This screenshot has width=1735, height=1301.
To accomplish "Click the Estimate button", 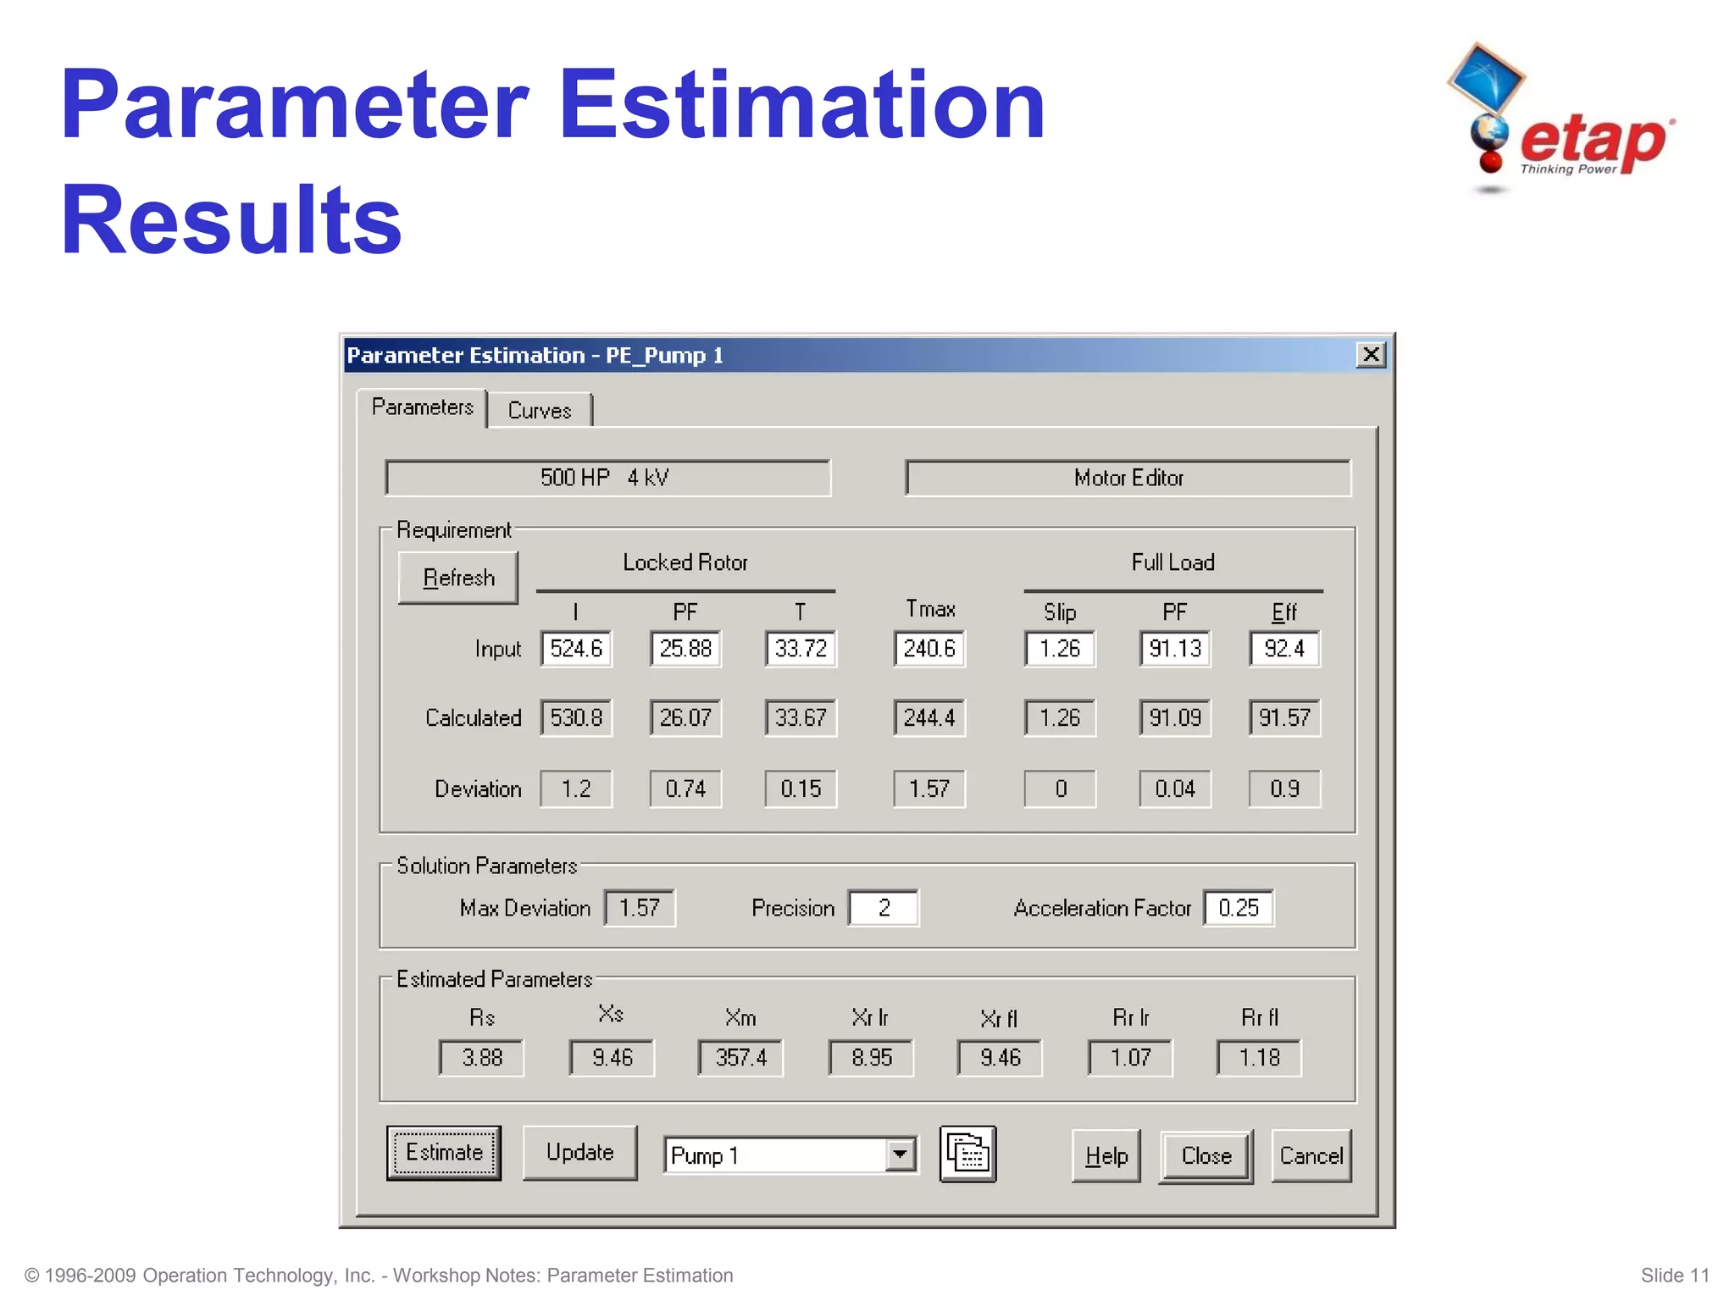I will (444, 1153).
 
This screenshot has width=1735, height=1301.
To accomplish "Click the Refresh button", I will (458, 578).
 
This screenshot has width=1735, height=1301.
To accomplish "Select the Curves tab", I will (540, 411).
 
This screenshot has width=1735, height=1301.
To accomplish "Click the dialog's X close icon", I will (1371, 355).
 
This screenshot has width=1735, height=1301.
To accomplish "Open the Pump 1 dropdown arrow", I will (900, 1154).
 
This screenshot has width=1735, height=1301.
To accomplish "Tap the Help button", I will (1106, 1156).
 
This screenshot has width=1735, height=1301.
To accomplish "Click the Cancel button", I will (1311, 1156).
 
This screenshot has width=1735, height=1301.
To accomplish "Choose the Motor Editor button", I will (1128, 479).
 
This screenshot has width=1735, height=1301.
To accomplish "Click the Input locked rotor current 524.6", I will (576, 649).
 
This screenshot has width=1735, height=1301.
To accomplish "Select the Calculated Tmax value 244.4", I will (928, 718).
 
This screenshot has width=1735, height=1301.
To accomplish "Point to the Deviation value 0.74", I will (685, 789).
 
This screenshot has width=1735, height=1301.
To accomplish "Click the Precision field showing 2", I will (884, 908).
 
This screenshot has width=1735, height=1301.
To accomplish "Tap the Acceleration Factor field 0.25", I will (1238, 908).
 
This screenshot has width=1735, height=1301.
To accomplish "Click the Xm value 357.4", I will (740, 1058).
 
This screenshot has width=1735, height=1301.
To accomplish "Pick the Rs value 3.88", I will (482, 1058).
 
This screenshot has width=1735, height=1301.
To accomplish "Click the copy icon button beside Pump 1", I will (967, 1154).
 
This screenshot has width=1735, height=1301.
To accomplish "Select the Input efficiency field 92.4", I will (1284, 649).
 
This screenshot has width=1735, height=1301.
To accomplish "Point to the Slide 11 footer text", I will (1674, 1276).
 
